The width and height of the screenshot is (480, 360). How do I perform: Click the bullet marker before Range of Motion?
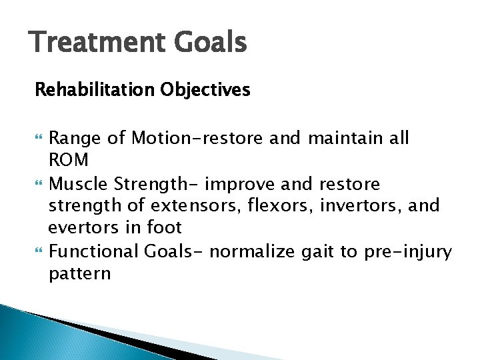click(x=38, y=139)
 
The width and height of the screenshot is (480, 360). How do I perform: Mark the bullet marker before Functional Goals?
click(x=38, y=253)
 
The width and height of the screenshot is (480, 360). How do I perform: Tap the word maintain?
click(x=347, y=138)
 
